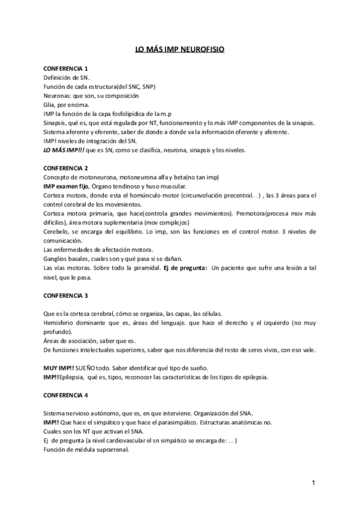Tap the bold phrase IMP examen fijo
[x=65, y=186]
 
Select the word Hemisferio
[x=61, y=322]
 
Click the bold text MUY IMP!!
[x=58, y=367]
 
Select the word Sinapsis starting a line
[x=56, y=122]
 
